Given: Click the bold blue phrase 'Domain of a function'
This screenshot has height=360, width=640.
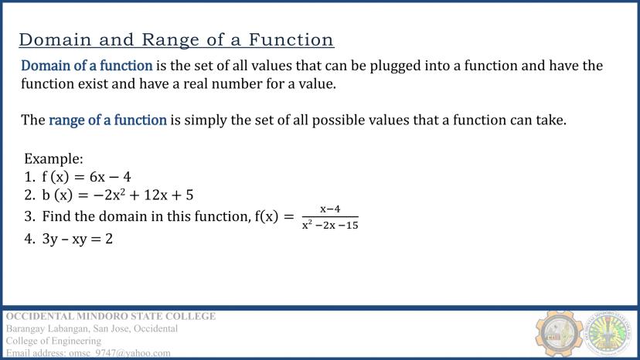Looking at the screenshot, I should (x=87, y=66).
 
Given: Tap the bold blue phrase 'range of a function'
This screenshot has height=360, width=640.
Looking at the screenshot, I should (x=107, y=120).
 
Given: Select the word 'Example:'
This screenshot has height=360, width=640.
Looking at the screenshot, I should (x=53, y=158).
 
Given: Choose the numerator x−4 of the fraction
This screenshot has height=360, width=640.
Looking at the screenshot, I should (x=330, y=209).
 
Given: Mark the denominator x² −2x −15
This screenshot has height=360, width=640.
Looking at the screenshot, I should (x=330, y=226).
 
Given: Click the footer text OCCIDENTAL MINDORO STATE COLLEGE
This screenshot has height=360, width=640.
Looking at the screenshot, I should (x=111, y=317).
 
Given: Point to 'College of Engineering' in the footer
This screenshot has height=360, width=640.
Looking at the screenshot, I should (x=53, y=341).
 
